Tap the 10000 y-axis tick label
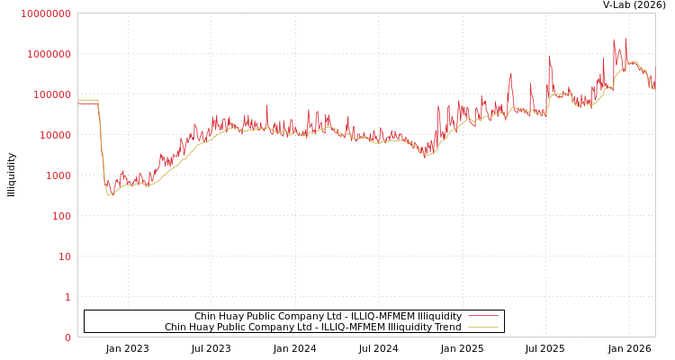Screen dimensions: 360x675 (x=54, y=135)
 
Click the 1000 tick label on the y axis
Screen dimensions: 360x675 (x=57, y=175)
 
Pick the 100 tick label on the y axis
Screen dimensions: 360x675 (x=59, y=216)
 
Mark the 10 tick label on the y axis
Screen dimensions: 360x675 (x=63, y=256)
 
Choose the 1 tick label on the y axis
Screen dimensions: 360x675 (x=67, y=297)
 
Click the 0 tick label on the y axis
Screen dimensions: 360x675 (x=67, y=337)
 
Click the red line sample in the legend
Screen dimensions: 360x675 (x=483, y=317)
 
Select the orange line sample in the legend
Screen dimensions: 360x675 (x=483, y=328)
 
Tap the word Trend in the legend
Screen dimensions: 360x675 (x=447, y=328)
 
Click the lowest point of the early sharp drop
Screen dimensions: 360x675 (x=109, y=194)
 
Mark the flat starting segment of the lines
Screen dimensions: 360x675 (x=87, y=101)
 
